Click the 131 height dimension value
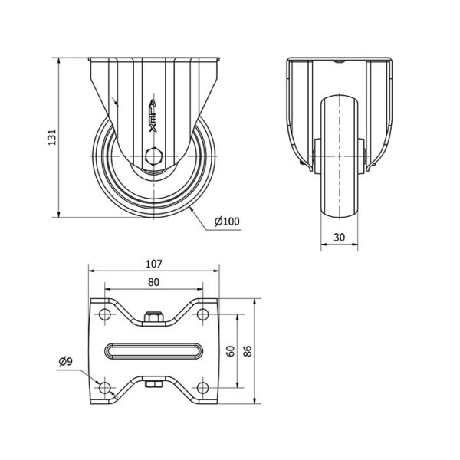(52, 137)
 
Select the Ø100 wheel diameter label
(227, 222)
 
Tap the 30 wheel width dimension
(340, 238)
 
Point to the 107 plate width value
(154, 264)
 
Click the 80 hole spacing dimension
(154, 282)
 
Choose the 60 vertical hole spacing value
(232, 351)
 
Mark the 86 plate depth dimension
(248, 351)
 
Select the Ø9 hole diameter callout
(65, 361)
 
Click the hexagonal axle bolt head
(153, 156)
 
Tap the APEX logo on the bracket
(153, 116)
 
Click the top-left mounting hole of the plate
(105, 314)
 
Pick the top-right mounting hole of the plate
(202, 314)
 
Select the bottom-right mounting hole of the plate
(202, 388)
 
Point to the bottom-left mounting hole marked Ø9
(105, 388)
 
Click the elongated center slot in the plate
(154, 351)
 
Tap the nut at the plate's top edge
(154, 317)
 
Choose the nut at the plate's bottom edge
(154, 384)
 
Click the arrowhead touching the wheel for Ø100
(192, 209)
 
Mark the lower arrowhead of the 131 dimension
(59, 214)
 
